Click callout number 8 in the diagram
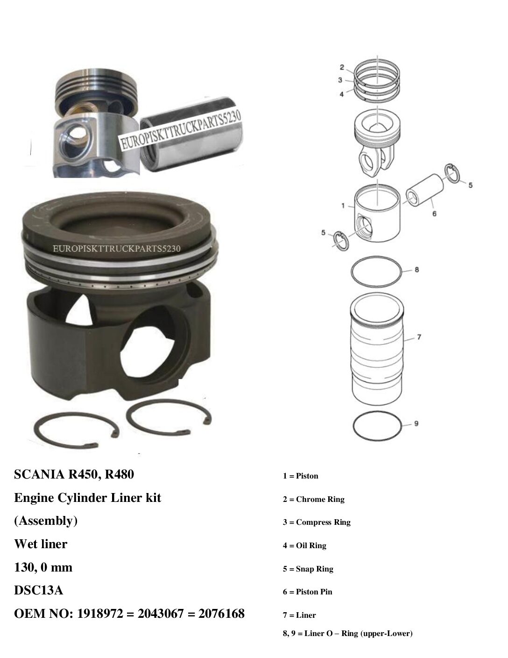416,270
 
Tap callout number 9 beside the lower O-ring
416,423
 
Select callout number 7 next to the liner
419,337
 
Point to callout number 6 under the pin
434,214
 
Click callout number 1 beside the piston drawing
343,206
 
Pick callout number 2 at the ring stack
342,67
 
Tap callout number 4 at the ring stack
342,94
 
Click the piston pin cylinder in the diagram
425,190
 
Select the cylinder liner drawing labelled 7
377,350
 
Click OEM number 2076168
221,614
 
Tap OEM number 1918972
100,614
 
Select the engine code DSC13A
39,590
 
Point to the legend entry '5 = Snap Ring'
308,569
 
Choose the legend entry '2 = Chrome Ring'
314,499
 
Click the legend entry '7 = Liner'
299,615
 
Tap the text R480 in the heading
119,474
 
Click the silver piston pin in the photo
191,134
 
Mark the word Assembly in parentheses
46,521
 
